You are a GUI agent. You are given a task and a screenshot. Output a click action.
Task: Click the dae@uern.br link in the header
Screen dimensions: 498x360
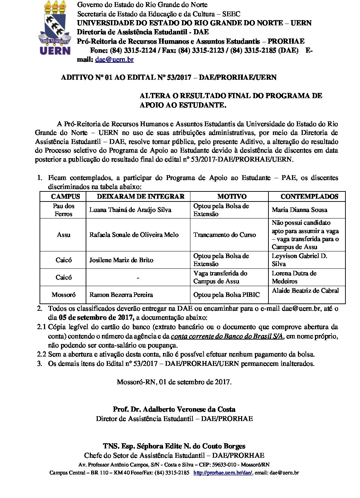click(x=114, y=59)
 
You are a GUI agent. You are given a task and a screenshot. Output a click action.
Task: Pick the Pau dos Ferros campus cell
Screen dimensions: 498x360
click(x=63, y=210)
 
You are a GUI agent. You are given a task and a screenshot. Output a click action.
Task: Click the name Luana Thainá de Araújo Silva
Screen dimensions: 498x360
click(x=130, y=210)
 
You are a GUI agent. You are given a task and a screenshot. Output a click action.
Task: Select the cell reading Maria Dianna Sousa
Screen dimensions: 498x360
click(x=299, y=210)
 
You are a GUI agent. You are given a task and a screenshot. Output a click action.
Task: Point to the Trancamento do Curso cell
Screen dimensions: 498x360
click(x=224, y=235)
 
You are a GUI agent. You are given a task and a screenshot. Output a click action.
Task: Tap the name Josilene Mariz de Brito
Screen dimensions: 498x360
click(x=121, y=260)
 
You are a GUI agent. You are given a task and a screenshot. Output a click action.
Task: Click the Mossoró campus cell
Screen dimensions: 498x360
click(x=63, y=295)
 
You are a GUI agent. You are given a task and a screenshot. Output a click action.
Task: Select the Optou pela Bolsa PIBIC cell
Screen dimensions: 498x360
click(x=226, y=295)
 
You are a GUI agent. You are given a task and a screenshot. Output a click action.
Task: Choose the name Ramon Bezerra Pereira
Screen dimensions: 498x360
click(x=121, y=295)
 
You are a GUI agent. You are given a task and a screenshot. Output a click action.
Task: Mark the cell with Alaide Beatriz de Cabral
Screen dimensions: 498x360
click(x=305, y=291)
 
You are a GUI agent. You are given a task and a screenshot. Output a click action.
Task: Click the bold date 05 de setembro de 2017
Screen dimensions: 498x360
click(x=96, y=317)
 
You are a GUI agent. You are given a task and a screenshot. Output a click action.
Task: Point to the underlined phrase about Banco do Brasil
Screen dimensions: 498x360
click(x=228, y=336)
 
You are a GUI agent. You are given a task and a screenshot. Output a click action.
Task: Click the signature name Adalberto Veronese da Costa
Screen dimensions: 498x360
click(x=174, y=409)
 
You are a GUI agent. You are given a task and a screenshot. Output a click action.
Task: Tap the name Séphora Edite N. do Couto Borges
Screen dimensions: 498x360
click(x=174, y=446)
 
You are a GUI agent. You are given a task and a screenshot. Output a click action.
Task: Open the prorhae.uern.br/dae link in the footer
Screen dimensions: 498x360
click(x=223, y=473)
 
